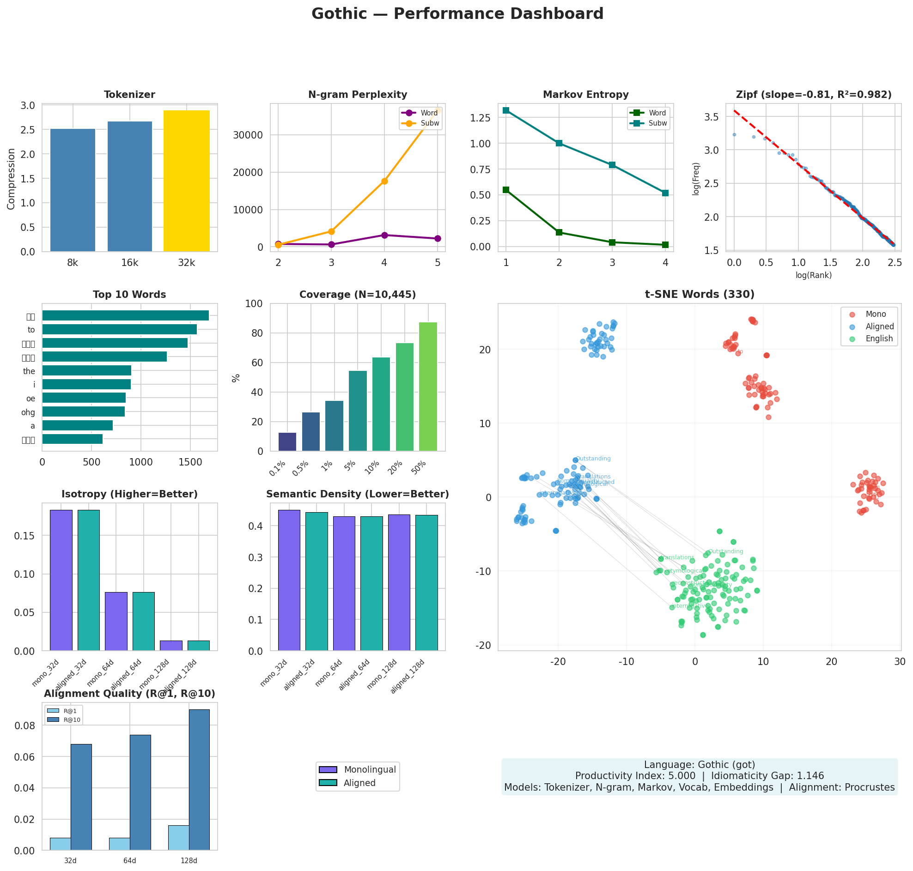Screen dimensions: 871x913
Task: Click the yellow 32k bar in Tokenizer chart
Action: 186,181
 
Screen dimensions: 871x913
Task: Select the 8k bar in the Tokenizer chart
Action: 73,190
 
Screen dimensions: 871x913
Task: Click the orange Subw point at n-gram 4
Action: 384,181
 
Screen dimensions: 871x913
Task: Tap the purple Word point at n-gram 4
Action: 384,235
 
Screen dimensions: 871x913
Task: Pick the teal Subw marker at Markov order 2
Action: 559,143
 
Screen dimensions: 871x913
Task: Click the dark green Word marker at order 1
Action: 506,190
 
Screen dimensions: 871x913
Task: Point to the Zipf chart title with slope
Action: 813,95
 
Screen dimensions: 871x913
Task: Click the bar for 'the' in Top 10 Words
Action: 86,370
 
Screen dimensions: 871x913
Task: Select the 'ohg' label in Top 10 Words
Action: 28,412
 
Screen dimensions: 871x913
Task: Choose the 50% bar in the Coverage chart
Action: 427,386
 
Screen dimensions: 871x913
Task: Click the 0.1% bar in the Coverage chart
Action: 287,442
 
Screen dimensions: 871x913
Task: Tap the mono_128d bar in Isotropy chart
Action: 171,645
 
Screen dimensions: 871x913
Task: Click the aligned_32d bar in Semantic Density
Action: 316,581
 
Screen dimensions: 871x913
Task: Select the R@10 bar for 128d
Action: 199,780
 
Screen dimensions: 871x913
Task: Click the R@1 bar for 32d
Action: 61,844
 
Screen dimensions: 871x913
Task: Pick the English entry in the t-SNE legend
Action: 879,339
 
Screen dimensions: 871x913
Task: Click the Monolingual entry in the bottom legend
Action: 369,769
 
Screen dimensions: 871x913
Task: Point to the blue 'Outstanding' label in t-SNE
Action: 593,459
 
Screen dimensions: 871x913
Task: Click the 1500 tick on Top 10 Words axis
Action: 190,462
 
